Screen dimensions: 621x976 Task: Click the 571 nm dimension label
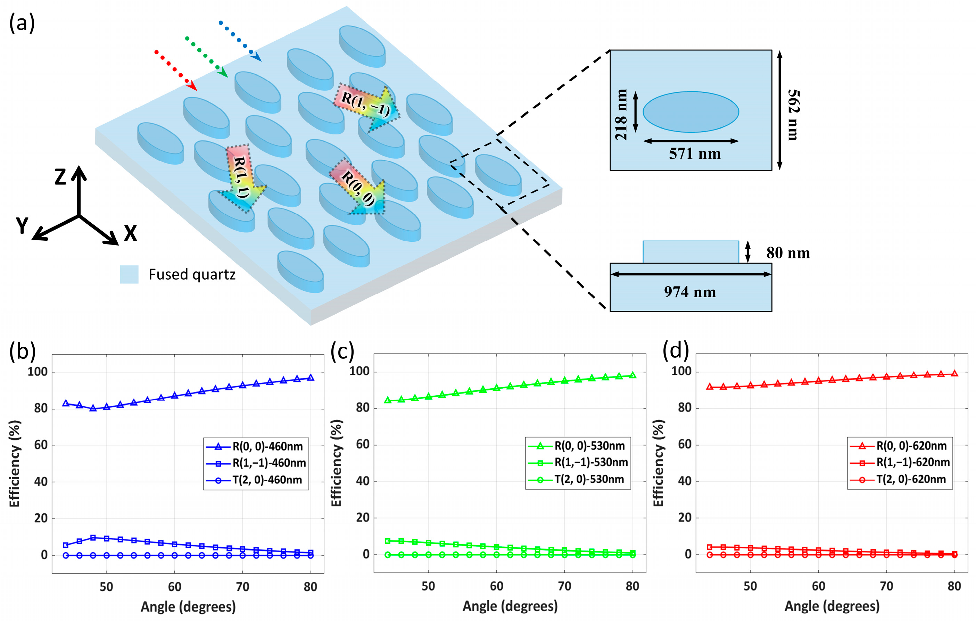click(x=695, y=154)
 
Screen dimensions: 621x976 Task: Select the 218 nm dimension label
click(x=621, y=115)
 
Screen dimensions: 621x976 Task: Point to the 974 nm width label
click(x=690, y=292)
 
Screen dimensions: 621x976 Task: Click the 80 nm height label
click(x=788, y=253)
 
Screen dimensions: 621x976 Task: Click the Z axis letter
click(x=60, y=177)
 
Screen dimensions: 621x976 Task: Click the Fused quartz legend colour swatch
click(x=129, y=274)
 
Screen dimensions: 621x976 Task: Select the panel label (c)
click(x=342, y=351)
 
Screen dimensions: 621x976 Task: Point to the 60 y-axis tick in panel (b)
click(x=41, y=445)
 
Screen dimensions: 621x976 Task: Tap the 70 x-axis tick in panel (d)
click(x=886, y=586)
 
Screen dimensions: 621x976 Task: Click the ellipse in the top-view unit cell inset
click(x=690, y=112)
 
